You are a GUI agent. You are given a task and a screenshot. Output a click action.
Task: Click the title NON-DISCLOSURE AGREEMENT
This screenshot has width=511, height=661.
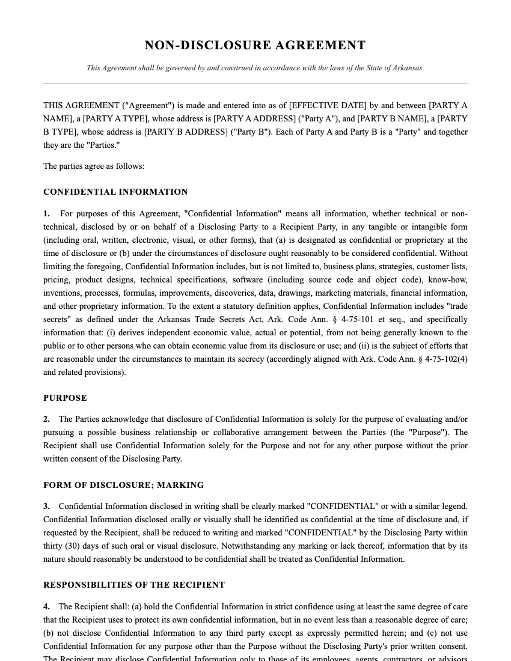pyautogui.click(x=255, y=46)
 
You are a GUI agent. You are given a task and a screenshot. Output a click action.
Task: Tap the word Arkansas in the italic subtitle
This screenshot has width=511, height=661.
pyautogui.click(x=408, y=68)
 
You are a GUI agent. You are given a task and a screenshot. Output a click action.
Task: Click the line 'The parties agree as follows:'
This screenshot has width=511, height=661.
pyautogui.click(x=94, y=166)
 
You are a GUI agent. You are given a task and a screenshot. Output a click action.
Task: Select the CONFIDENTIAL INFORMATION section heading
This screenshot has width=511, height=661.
pyautogui.click(x=115, y=192)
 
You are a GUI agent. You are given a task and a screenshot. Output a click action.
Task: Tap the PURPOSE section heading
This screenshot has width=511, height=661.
pyautogui.click(x=65, y=398)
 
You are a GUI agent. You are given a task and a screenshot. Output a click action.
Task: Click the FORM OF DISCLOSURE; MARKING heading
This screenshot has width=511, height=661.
pyautogui.click(x=123, y=485)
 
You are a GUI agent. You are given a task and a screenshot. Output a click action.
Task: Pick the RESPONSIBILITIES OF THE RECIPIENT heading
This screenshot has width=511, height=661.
pyautogui.click(x=134, y=585)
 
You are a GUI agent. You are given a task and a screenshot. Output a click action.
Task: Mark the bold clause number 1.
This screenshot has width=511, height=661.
pyautogui.click(x=46, y=214)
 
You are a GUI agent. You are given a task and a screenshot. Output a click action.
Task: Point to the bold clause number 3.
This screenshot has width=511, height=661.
pyautogui.click(x=46, y=507)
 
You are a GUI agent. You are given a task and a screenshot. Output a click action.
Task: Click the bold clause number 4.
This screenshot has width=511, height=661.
pyautogui.click(x=46, y=607)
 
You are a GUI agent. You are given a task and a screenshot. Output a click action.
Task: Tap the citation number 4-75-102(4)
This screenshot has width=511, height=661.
pyautogui.click(x=446, y=359)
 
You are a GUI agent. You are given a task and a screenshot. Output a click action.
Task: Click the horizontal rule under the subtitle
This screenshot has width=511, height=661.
pyautogui.click(x=255, y=84)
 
